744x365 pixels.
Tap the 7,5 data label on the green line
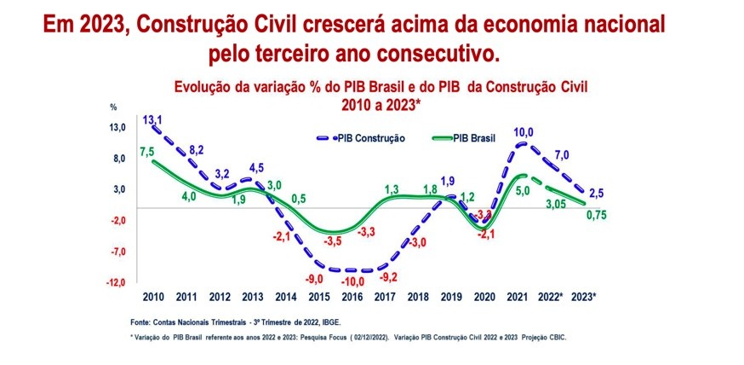coord(146,152)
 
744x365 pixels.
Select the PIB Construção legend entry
coord(367,137)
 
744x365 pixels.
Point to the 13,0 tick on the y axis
coord(117,128)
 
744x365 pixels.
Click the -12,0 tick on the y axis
coord(116,282)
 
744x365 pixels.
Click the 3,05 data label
coord(556,204)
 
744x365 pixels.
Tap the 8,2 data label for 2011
coord(196,150)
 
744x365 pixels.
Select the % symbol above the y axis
coord(112,107)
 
